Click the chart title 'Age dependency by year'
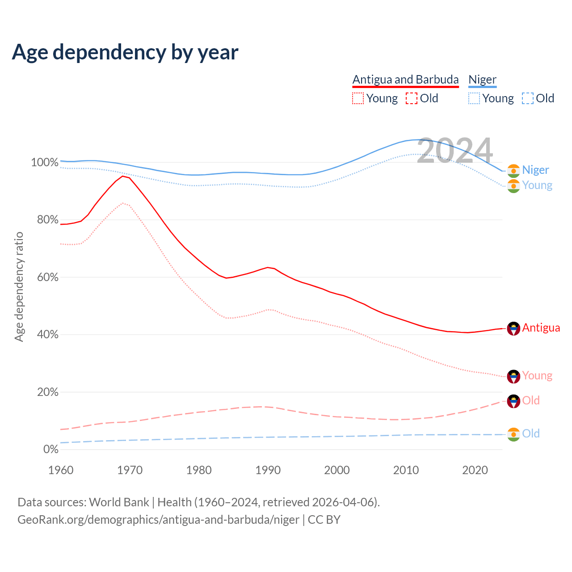pyautogui.click(x=125, y=52)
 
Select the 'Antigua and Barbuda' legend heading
pyautogui.click(x=405, y=80)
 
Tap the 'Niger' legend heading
pyautogui.click(x=482, y=80)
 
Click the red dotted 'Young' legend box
pyautogui.click(x=358, y=98)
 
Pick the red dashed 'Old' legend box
pyautogui.click(x=412, y=98)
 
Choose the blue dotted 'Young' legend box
pyautogui.click(x=474, y=98)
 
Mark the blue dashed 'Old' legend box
pyautogui.click(x=528, y=98)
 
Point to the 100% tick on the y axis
pyautogui.click(x=45, y=162)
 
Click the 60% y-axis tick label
pyautogui.click(x=47, y=277)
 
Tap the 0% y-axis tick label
pyautogui.click(x=50, y=449)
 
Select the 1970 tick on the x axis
pyautogui.click(x=130, y=470)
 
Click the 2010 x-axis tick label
pyautogui.click(x=406, y=470)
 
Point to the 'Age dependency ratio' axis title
pyautogui.click(x=19, y=286)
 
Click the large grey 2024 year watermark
pyautogui.click(x=455, y=151)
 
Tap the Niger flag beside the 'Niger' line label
pyautogui.click(x=513, y=171)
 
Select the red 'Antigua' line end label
pyautogui.click(x=541, y=328)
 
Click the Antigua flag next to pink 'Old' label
pyautogui.click(x=513, y=401)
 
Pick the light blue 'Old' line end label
pyautogui.click(x=531, y=433)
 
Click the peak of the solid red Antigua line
pyautogui.click(x=122, y=176)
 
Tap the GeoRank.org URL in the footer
pyautogui.click(x=158, y=520)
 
